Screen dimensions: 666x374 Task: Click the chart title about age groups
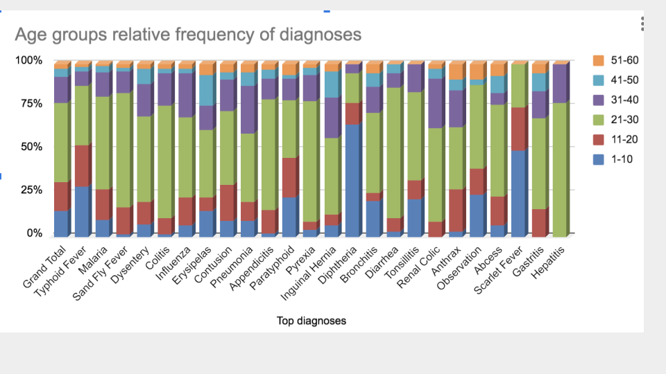[x=188, y=35]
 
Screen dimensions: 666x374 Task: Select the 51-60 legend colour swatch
[x=599, y=60]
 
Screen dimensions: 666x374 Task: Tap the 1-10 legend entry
[x=613, y=159]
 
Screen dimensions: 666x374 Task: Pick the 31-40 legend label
[x=624, y=100]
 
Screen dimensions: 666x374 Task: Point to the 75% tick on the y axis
[x=32, y=103]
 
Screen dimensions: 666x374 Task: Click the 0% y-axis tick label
[x=35, y=233]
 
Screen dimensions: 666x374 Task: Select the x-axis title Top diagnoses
[x=311, y=321]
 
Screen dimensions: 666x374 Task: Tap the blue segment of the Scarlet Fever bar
[x=520, y=193]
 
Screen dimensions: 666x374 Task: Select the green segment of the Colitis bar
[x=166, y=161]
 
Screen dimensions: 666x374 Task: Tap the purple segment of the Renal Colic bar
[x=436, y=103]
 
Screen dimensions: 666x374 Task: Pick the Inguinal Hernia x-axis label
[x=309, y=273]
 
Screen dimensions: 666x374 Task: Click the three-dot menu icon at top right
[x=642, y=24]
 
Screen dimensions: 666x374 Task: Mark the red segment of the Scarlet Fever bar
[x=520, y=129]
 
